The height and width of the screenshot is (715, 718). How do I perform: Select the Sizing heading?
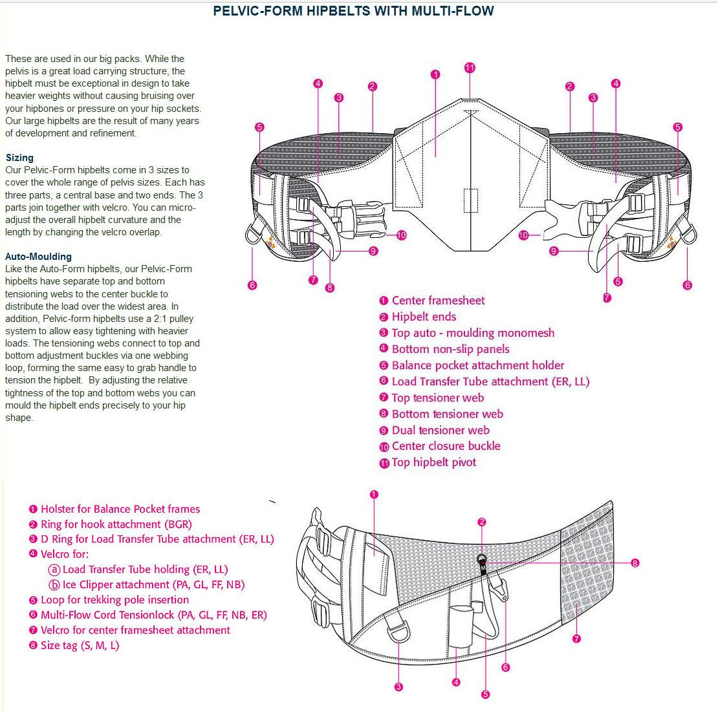(x=19, y=158)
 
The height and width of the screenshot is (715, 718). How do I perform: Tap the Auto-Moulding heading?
(x=38, y=257)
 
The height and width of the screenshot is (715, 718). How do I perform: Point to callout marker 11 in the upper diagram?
(x=470, y=68)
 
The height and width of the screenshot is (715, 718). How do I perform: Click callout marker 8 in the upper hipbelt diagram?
(x=330, y=288)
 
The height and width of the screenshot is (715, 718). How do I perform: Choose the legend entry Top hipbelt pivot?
(x=433, y=462)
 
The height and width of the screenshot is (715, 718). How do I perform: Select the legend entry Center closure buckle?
(x=446, y=446)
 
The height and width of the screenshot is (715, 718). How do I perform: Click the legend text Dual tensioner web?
(x=441, y=430)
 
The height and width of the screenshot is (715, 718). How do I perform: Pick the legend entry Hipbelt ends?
(x=424, y=317)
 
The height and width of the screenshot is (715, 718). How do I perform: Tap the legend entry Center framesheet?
(x=438, y=301)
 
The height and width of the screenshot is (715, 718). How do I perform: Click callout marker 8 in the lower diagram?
(x=635, y=563)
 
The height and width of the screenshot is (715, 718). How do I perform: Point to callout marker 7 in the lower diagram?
(x=576, y=639)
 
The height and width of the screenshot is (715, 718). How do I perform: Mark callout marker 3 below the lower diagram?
(x=398, y=687)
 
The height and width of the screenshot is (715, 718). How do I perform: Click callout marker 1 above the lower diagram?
(x=374, y=495)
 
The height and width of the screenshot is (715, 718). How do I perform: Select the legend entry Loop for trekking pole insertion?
(x=114, y=600)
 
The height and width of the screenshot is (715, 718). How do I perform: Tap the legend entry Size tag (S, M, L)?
(x=80, y=645)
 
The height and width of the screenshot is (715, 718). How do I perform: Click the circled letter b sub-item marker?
(x=55, y=585)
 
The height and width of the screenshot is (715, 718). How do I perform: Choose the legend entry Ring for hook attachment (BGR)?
(x=116, y=524)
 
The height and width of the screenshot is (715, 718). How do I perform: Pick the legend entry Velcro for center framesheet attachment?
(x=135, y=630)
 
